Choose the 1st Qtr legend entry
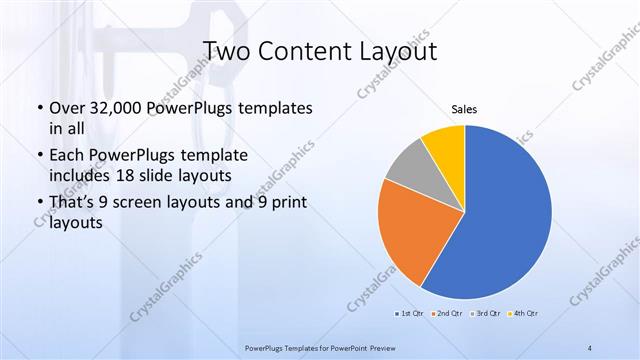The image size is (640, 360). (x=410, y=314)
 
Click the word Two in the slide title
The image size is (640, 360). (x=225, y=51)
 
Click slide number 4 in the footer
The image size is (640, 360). (x=590, y=347)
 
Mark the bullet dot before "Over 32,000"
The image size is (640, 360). (x=38, y=108)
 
